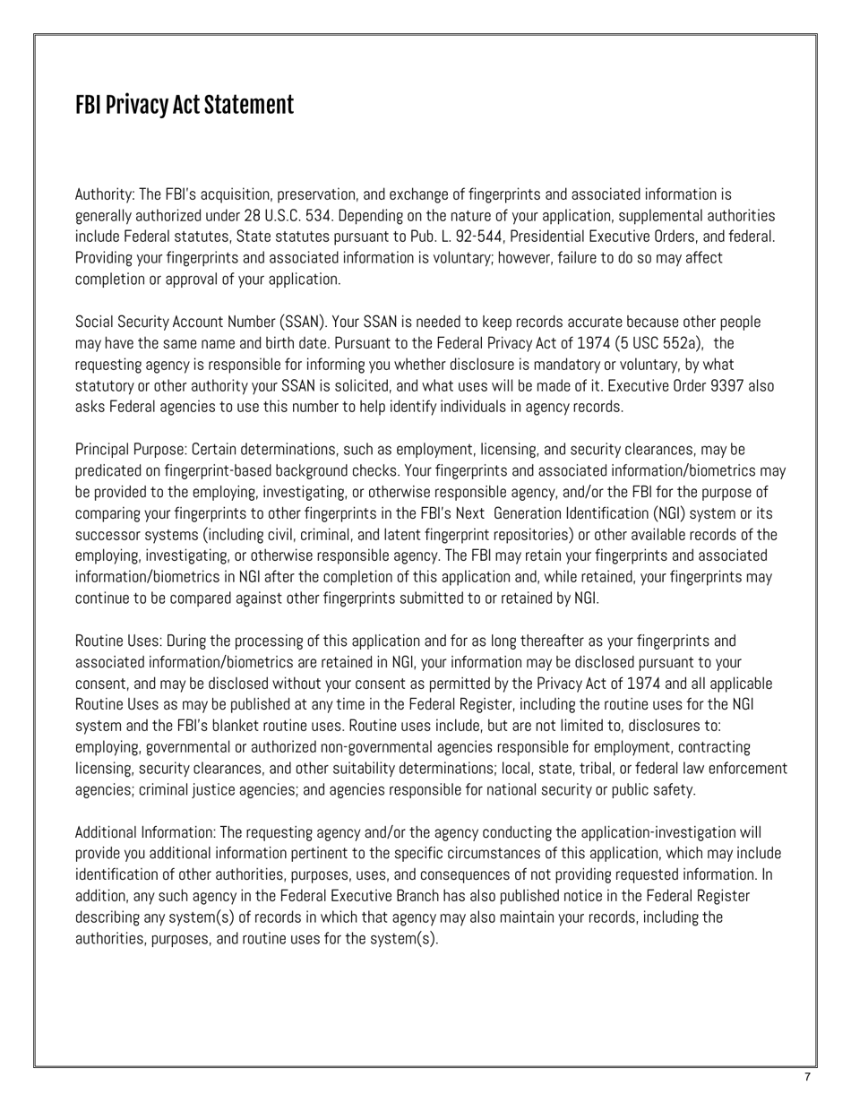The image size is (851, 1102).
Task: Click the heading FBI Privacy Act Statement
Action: pyautogui.click(x=184, y=105)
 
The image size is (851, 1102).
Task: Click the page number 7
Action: pyautogui.click(x=807, y=1077)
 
